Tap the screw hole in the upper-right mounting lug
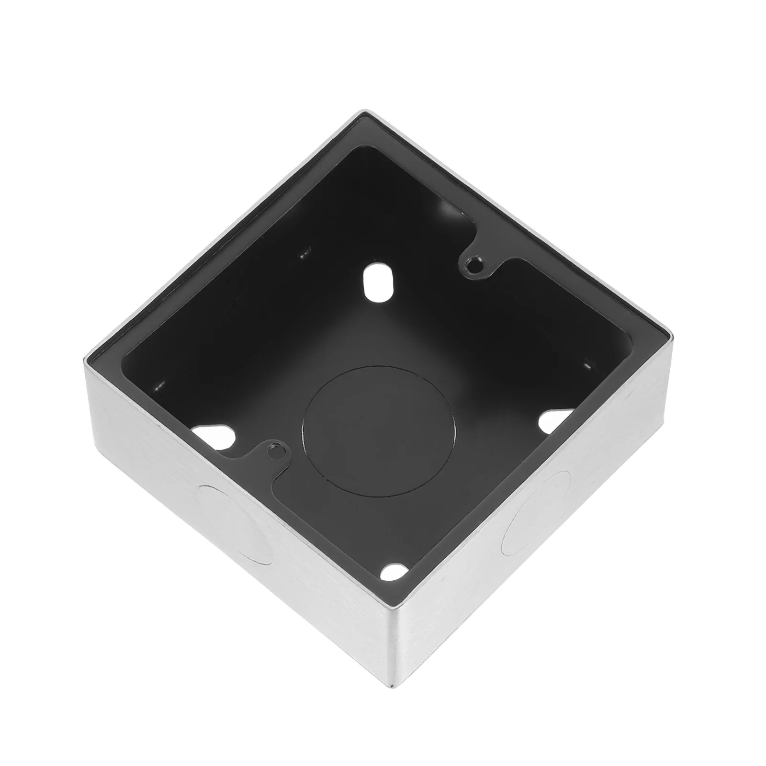474,264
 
